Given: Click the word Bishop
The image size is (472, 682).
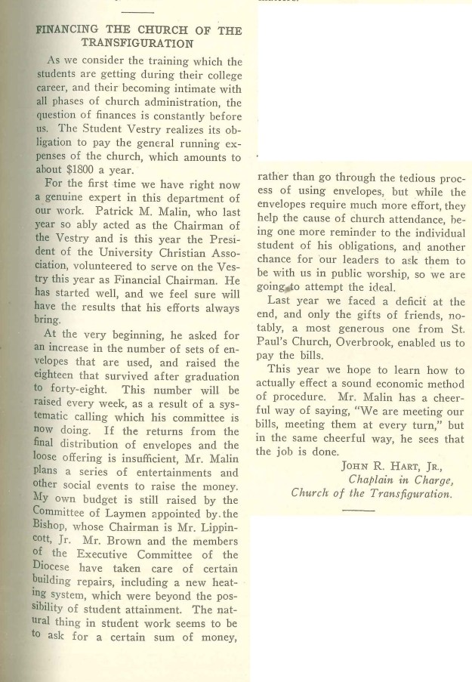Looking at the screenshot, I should click(x=57, y=528).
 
